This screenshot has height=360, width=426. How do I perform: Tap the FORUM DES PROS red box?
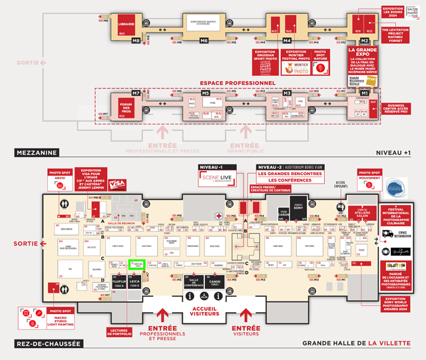(126, 107)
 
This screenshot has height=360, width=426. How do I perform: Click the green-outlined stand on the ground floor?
(138, 265)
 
